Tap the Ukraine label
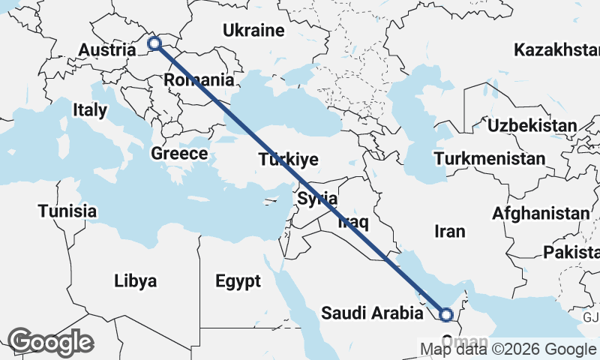pos(253,31)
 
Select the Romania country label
pos(199,79)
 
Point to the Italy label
pos(90,110)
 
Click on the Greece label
pos(179,154)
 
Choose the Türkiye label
pos(289,160)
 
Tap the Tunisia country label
pos(67,211)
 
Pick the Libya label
pos(136,281)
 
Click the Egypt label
pos(238,281)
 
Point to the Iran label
pos(450,231)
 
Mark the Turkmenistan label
pos(489,159)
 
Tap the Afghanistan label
pos(540,214)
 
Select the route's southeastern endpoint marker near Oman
pos(445,315)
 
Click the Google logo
pos(50,341)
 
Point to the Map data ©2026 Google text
pos(508,349)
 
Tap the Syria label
pos(317,199)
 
